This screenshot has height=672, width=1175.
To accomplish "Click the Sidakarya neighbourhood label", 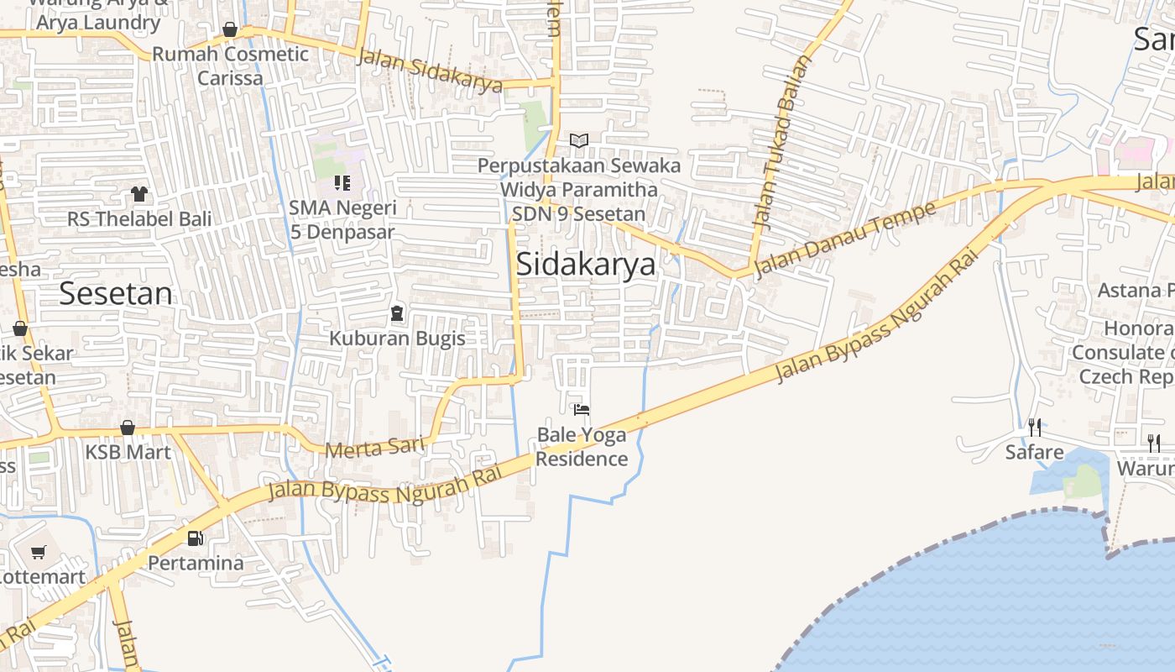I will tap(585, 264).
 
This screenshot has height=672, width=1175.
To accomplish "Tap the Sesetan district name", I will tap(116, 293).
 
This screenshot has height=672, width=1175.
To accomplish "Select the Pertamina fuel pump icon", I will tap(196, 538).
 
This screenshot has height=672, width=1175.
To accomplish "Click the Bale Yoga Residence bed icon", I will tap(581, 410).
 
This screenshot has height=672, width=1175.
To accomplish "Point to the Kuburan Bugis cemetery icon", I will tap(397, 314).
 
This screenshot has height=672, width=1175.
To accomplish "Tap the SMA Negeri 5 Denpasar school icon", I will tap(342, 182).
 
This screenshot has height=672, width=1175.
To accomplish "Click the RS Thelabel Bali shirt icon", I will tap(139, 194).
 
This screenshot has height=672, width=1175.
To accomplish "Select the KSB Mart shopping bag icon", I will tap(128, 428).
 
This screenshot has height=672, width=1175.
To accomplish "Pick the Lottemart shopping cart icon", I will tap(38, 552).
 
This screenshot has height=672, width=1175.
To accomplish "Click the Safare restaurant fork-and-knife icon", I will tap(1035, 428).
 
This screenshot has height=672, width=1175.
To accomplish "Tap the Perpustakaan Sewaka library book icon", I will tap(579, 140).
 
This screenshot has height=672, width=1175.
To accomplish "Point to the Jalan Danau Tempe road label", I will tap(844, 239).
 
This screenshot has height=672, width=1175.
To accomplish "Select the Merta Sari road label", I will tap(373, 447).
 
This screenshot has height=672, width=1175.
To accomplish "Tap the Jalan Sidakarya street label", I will tap(430, 71).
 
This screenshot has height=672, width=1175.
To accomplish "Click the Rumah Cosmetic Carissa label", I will tap(230, 66).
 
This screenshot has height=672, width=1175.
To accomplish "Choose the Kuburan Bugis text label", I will tap(397, 339).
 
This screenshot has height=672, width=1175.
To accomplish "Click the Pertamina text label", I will tap(196, 563).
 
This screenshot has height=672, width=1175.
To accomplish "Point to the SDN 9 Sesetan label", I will tap(579, 213).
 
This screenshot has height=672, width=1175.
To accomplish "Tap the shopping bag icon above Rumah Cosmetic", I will tap(230, 30).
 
